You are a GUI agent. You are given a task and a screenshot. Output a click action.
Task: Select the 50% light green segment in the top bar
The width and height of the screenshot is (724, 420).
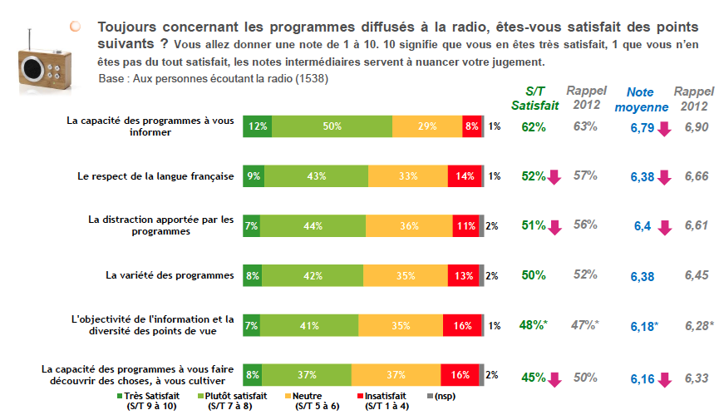332,126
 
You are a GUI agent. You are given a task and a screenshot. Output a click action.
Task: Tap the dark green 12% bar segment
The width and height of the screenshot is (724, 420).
258,126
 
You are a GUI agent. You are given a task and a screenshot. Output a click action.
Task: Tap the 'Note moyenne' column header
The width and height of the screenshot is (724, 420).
640,98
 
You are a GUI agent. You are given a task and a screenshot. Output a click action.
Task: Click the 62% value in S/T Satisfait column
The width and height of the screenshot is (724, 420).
533,127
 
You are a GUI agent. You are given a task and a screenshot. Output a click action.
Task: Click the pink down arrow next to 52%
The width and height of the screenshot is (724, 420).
554,177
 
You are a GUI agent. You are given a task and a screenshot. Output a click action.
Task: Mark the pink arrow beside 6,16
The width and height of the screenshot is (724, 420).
664,379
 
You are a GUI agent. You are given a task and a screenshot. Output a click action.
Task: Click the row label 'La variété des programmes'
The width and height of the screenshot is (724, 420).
169,275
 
